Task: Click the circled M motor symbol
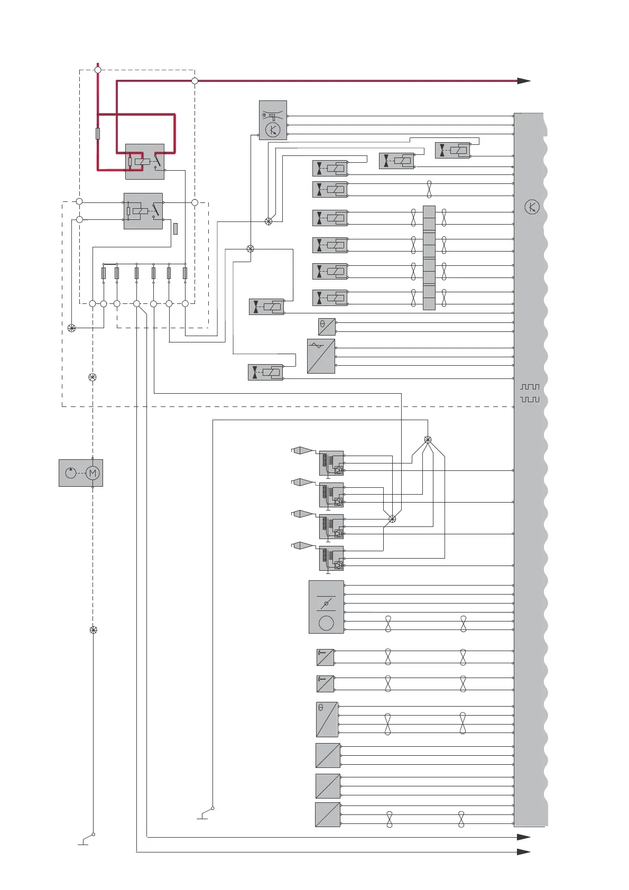pos(92,473)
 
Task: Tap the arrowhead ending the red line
pos(523,81)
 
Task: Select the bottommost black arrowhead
pos(523,852)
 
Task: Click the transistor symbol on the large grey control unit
pos(532,207)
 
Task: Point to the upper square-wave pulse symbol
pos(530,387)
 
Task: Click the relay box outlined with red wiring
pos(144,161)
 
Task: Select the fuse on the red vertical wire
pos(98,133)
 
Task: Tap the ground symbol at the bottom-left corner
pos(84,841)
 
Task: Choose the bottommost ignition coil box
pos(331,558)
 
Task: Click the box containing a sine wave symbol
pos(321,356)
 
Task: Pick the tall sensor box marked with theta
pos(327,719)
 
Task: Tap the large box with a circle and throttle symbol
pos(326,607)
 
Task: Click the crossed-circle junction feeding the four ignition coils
pos(428,440)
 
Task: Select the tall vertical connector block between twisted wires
pos(429,258)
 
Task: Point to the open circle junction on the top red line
pos(195,81)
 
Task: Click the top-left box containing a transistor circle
pos(273,120)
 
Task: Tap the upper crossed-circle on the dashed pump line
pos(92,377)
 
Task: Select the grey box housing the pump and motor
pos(81,473)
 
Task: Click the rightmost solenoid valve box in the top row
pos(453,150)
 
